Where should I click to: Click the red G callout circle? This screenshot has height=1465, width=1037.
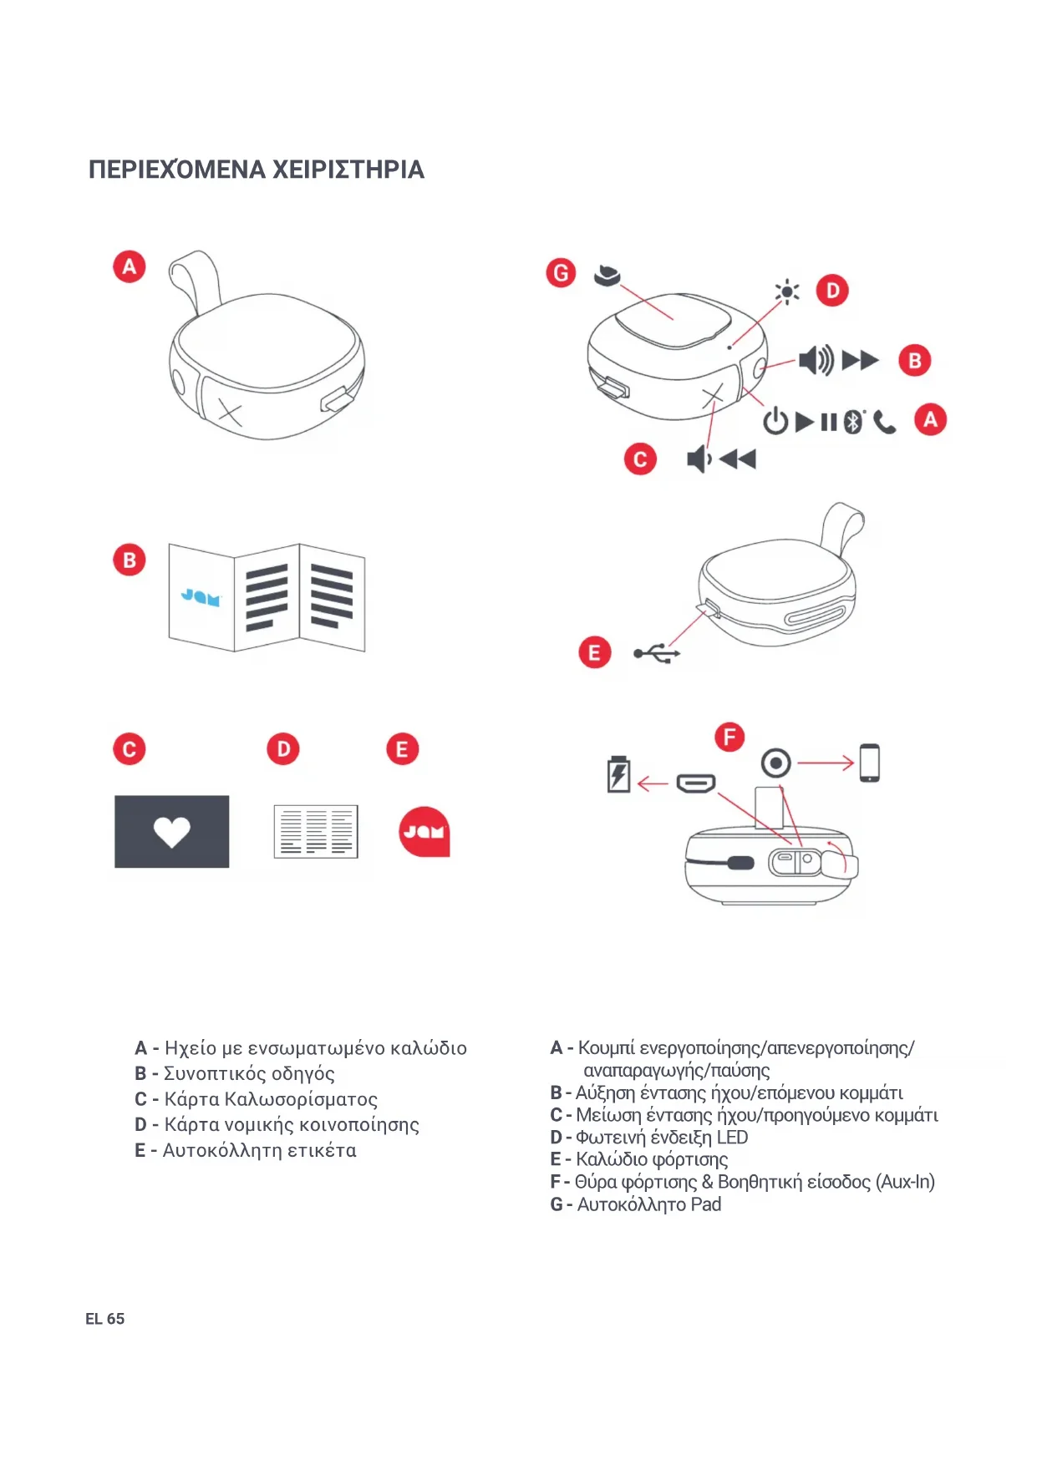[x=561, y=272]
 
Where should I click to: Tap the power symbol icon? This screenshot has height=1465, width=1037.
[x=775, y=421]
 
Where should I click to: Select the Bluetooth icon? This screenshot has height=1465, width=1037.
[x=852, y=422]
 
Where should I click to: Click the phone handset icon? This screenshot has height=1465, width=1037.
[x=885, y=423]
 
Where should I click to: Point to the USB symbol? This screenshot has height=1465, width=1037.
[x=657, y=653]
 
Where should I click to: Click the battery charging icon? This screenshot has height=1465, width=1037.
[x=618, y=774]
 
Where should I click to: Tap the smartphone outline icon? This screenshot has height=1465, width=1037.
[x=869, y=763]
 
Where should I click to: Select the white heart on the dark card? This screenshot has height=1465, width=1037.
[x=172, y=832]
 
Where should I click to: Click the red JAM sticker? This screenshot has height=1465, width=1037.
[x=424, y=832]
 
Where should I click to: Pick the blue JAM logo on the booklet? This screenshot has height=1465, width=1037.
[x=201, y=597]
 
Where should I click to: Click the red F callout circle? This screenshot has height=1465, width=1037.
[x=729, y=737]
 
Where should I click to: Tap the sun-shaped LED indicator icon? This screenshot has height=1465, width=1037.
[x=786, y=291]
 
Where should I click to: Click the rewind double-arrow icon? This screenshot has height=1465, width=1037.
[x=738, y=459]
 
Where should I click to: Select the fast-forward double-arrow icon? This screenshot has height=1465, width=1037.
[x=860, y=361]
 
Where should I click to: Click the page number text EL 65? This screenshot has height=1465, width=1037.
[x=104, y=1319]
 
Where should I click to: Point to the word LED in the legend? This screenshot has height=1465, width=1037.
[x=732, y=1138]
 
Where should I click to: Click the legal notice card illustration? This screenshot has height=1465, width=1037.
[x=316, y=832]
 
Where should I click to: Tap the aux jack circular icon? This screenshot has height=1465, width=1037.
[x=776, y=763]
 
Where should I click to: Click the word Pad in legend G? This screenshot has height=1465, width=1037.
[x=706, y=1204]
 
